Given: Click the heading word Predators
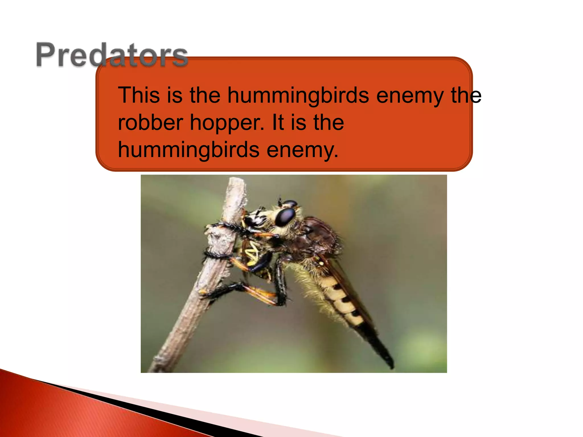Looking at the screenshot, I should click(x=112, y=55).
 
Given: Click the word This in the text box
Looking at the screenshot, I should click(x=139, y=95).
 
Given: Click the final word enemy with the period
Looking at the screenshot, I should click(x=302, y=150).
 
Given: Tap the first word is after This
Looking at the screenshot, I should click(x=175, y=95).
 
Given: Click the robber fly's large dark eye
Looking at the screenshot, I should click(x=285, y=217).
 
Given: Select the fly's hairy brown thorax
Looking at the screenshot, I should click(x=316, y=236).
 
